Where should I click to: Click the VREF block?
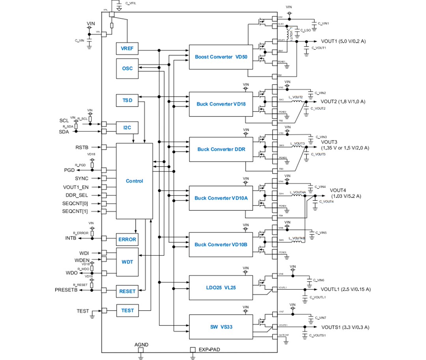tap(127, 48)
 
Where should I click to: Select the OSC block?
tap(127, 68)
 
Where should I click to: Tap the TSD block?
tap(127, 101)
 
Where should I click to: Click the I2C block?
tap(127, 127)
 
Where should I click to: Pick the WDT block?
tap(127, 262)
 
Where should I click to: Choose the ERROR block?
tap(127, 239)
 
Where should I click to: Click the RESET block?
tap(127, 291)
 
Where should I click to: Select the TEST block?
tap(127, 311)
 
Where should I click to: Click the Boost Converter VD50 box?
tap(221, 57)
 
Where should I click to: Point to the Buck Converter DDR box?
tap(221, 149)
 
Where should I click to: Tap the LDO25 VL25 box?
tap(221, 287)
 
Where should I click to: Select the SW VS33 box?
tap(221, 327)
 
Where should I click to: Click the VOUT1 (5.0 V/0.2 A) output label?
tap(343, 41)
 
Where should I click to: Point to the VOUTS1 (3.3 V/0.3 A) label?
tap(345, 327)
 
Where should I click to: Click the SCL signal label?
tap(64, 120)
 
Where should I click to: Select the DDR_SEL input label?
tap(77, 195)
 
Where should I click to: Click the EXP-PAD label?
tap(209, 350)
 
